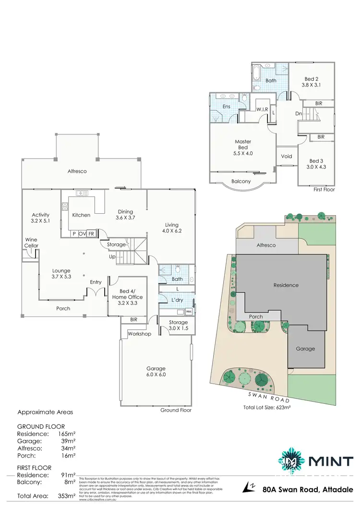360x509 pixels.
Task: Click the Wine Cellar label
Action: pos(31,242)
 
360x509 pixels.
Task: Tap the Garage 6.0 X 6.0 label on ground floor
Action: pos(156,372)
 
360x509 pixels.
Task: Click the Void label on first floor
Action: pos(287,156)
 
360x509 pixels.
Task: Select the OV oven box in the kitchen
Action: pos(82,233)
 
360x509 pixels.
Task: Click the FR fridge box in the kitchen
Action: pos(91,233)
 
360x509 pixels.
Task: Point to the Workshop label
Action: pos(139,334)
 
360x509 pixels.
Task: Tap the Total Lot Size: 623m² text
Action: pos(272,408)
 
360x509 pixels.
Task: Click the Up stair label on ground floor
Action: pos(113,257)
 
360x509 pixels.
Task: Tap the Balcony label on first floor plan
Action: pos(241,181)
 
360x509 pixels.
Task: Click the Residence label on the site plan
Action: pos(286,285)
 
